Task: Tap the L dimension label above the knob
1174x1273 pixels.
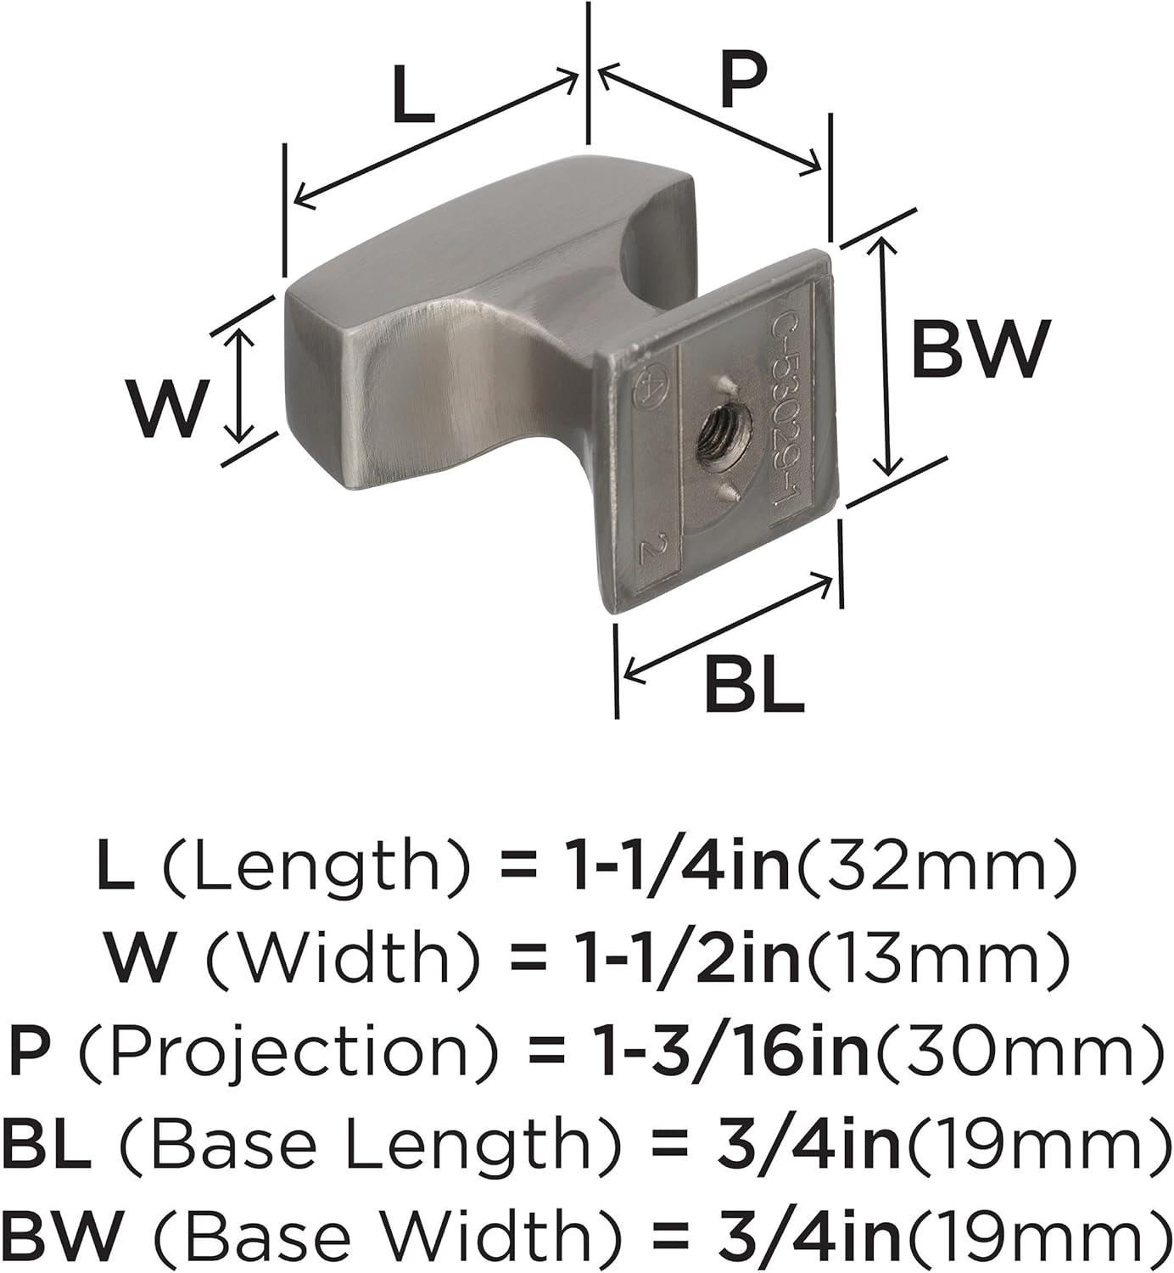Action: (x=413, y=96)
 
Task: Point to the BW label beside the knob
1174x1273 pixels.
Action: (x=980, y=350)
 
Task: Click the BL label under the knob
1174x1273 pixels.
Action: (x=753, y=685)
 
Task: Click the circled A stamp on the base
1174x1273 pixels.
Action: (x=646, y=386)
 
